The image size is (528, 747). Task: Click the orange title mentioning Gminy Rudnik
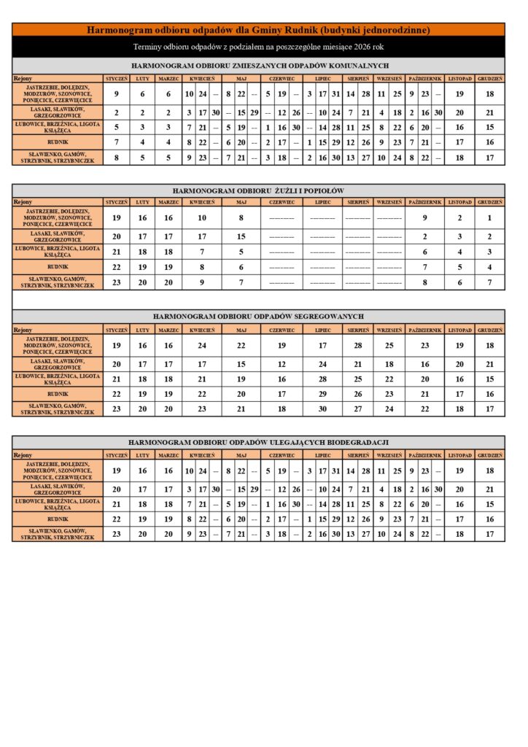click(258, 30)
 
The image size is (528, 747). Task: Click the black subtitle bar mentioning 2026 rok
click(258, 47)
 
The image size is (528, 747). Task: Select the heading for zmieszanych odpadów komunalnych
click(258, 66)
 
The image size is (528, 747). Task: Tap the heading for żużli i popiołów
click(258, 190)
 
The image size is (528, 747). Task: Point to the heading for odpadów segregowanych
click(258, 317)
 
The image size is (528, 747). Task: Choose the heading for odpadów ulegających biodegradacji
click(258, 442)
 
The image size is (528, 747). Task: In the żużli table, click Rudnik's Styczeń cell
click(117, 267)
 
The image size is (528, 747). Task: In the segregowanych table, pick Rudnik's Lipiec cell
click(322, 394)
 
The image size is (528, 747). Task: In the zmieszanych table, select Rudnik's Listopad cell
click(459, 142)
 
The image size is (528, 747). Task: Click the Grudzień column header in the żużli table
click(490, 201)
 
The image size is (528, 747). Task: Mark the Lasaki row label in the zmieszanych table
click(58, 112)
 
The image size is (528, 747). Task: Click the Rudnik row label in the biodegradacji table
click(58, 519)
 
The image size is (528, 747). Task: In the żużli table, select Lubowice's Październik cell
click(424, 252)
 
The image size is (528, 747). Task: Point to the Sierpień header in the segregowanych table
click(357, 329)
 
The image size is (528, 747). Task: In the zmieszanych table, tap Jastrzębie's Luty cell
click(142, 94)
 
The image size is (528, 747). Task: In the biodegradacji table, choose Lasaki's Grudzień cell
click(490, 489)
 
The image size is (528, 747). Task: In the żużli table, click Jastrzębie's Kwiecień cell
click(202, 217)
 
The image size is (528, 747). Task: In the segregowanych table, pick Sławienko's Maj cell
click(241, 409)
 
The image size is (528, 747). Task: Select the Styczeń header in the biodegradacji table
click(117, 454)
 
